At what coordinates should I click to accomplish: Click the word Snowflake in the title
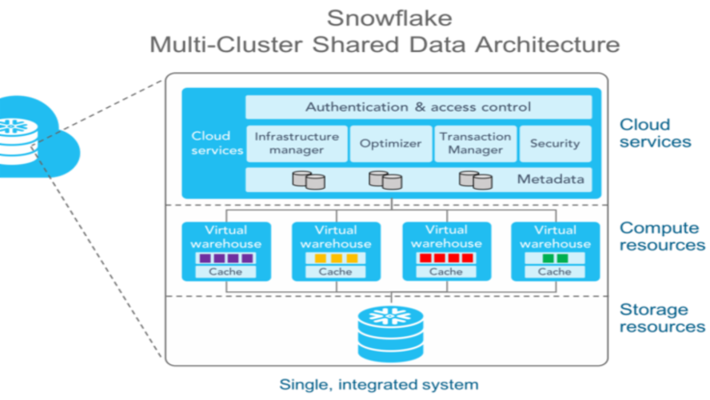click(x=384, y=18)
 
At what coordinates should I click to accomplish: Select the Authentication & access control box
click(x=418, y=107)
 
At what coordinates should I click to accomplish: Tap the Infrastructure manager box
click(x=297, y=143)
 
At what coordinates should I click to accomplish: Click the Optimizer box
click(x=390, y=144)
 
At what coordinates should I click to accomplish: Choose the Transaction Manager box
click(x=475, y=143)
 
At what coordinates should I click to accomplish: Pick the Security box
click(x=554, y=144)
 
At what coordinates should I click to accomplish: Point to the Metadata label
click(x=550, y=179)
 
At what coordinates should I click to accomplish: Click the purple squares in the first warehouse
click(x=226, y=258)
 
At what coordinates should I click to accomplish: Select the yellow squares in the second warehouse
click(x=336, y=258)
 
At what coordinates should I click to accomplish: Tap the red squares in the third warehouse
click(x=445, y=258)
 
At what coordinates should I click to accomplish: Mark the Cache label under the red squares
click(x=445, y=272)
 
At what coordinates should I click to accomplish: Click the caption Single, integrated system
click(x=379, y=385)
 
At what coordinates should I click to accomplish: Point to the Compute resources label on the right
click(x=662, y=237)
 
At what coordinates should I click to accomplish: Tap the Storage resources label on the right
click(x=662, y=318)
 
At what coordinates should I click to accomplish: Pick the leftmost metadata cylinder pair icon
click(x=308, y=180)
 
